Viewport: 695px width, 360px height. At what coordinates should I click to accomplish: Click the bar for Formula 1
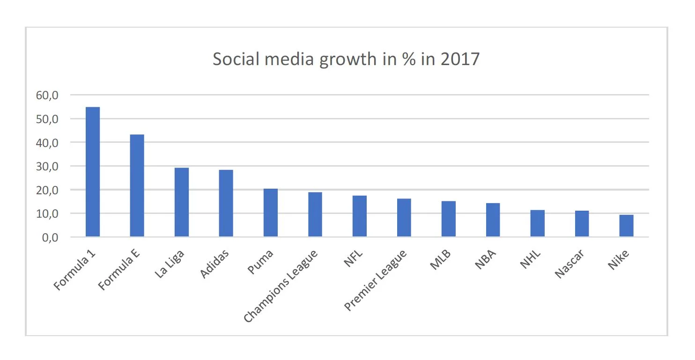(x=93, y=172)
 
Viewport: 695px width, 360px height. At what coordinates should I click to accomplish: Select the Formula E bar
(x=137, y=185)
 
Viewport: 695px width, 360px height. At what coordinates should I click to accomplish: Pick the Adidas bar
(x=226, y=203)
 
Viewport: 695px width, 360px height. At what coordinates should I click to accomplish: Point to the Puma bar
(x=271, y=213)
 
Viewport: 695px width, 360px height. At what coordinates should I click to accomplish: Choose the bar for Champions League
(x=315, y=214)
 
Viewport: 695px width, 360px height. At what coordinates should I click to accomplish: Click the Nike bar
(x=627, y=226)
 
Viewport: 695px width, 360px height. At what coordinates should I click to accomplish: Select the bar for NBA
(x=493, y=220)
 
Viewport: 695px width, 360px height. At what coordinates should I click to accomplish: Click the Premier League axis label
(x=376, y=280)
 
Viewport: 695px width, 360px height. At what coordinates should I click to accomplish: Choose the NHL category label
(x=531, y=259)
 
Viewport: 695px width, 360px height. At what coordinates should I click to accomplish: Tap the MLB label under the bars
(x=441, y=260)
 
